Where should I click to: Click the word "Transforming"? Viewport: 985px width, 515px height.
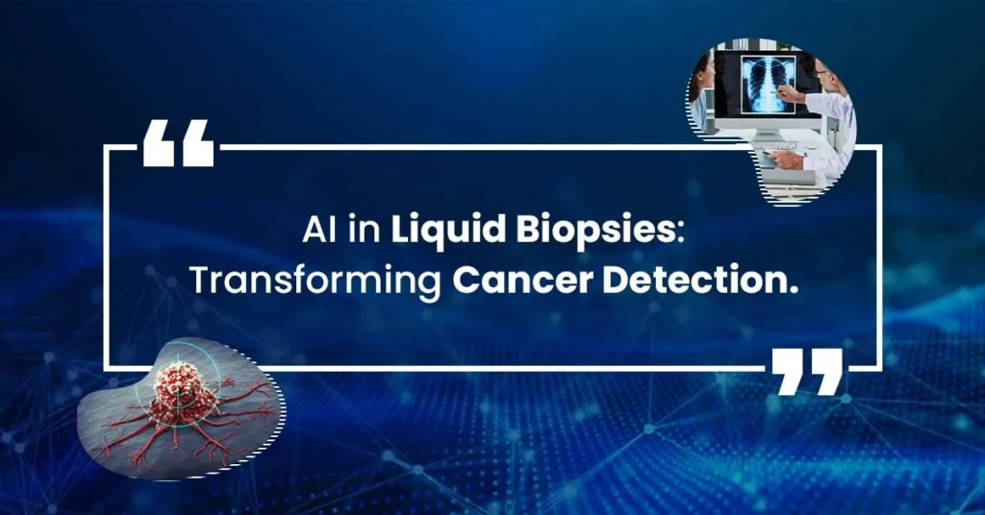316,282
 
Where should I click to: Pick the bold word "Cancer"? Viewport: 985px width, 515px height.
522,281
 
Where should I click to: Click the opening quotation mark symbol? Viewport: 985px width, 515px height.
178,143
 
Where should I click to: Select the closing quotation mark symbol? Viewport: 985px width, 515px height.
807,372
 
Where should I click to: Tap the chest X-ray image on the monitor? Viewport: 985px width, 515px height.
768,85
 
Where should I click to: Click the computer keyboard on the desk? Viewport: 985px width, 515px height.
773,145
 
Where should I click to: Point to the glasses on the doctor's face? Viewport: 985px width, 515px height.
821,73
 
